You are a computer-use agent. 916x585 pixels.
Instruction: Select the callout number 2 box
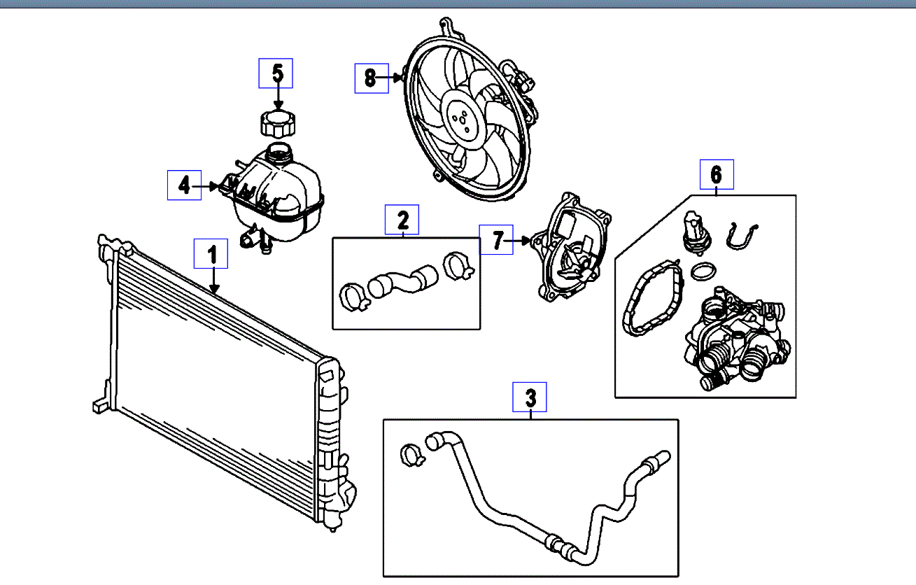pyautogui.click(x=403, y=220)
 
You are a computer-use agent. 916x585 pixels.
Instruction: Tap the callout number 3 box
pyautogui.click(x=530, y=397)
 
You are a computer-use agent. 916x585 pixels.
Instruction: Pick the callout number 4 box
pyautogui.click(x=184, y=185)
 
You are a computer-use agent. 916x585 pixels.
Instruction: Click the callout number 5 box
pyautogui.click(x=276, y=73)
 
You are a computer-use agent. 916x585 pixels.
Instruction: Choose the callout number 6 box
pyautogui.click(x=717, y=174)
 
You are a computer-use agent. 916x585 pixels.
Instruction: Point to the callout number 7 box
pyautogui.click(x=496, y=241)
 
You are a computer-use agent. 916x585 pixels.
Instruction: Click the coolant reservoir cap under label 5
pyautogui.click(x=276, y=124)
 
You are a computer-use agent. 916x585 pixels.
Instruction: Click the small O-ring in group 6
pyautogui.click(x=702, y=270)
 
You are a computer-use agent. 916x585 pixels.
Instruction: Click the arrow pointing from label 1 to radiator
pyautogui.click(x=213, y=280)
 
